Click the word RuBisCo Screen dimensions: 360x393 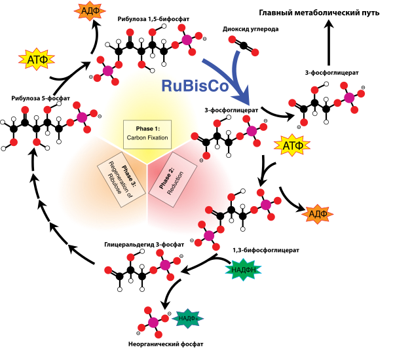click(x=195, y=86)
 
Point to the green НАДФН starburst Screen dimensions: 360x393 click(x=243, y=269)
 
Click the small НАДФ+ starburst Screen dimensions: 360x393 click(x=187, y=318)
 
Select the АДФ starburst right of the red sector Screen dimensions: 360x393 click(x=317, y=214)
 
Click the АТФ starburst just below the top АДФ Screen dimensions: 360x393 click(x=37, y=60)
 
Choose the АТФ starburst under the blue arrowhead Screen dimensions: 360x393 click(x=291, y=145)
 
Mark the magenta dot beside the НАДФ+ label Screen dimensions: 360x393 click(x=153, y=322)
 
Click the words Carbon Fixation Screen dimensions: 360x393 click(x=147, y=138)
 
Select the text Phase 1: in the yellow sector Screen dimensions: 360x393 click(x=147, y=128)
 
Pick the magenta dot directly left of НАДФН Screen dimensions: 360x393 click(x=165, y=265)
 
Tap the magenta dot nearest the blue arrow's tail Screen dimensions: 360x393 click(x=187, y=40)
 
